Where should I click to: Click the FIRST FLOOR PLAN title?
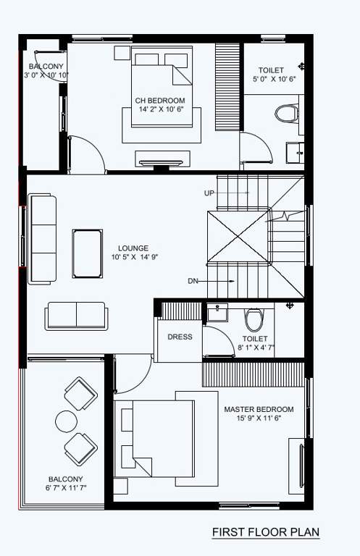(265, 533)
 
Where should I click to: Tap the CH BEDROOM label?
(159, 101)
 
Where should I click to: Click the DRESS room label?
(180, 337)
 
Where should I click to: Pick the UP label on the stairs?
(209, 193)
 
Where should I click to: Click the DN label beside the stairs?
(192, 281)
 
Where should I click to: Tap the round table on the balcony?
(67, 421)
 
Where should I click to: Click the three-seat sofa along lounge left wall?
(42, 238)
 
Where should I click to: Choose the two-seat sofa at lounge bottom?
(76, 316)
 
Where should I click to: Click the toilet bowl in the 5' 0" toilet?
(287, 114)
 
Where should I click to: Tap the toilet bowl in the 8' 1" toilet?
(254, 319)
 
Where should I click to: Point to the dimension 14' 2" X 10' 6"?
(159, 110)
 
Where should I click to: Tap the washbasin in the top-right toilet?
(294, 152)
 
